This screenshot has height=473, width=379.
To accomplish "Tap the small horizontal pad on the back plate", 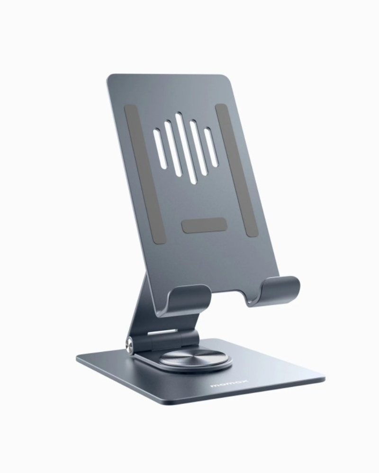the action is pos(204,225).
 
